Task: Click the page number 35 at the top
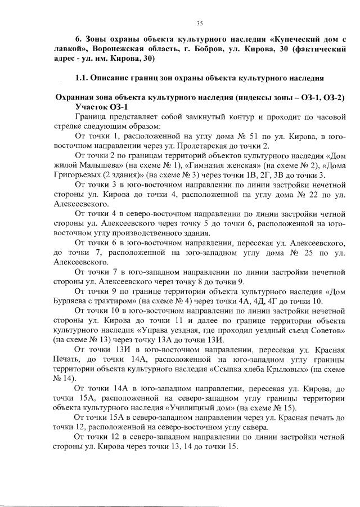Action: click(x=199, y=23)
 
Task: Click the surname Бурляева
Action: click(x=74, y=301)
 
